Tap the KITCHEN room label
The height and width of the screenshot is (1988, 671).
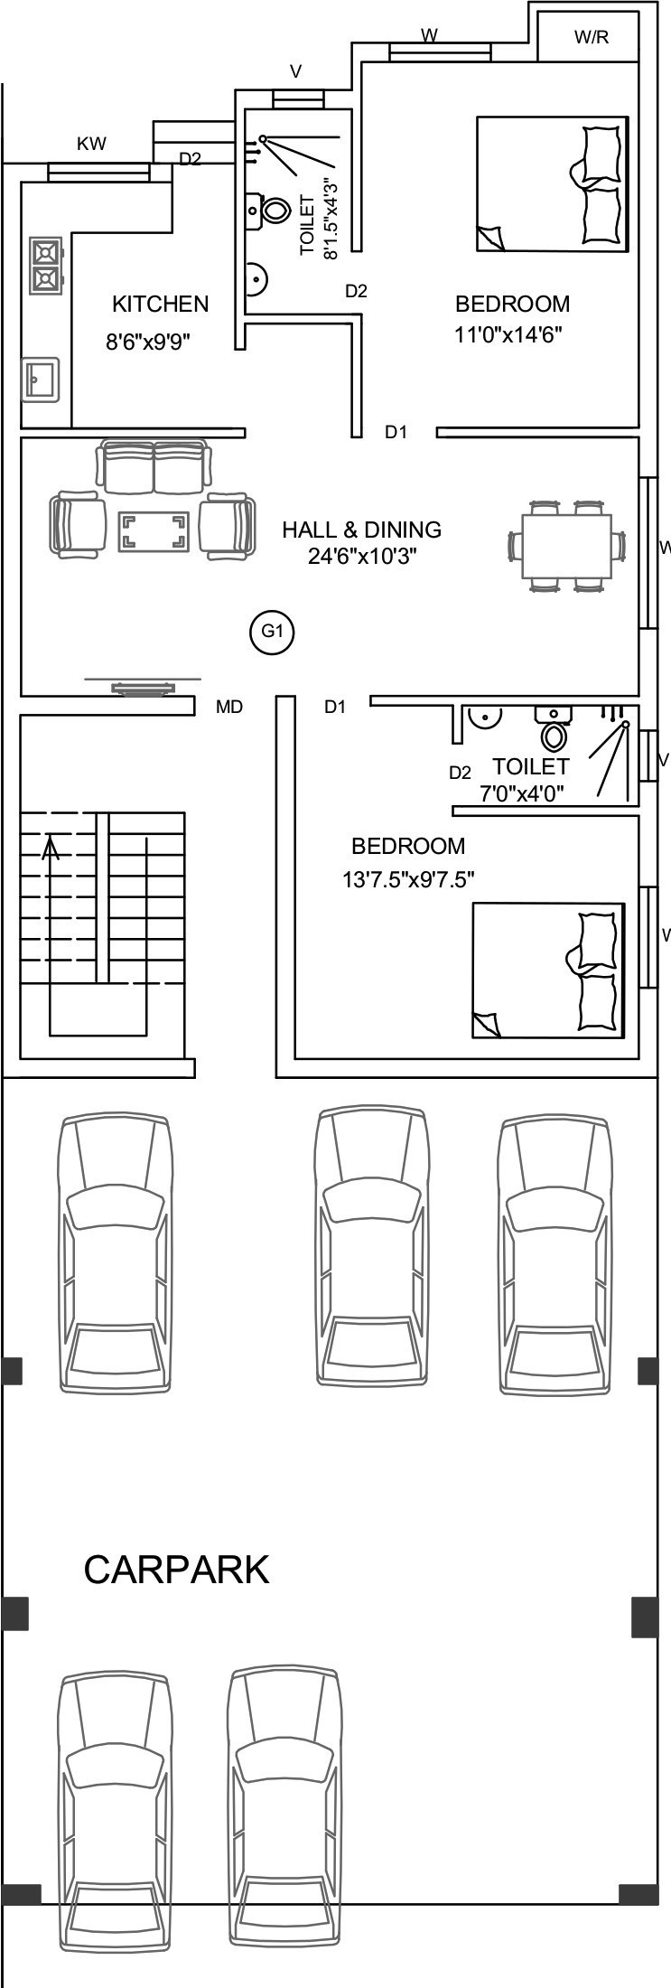click(160, 304)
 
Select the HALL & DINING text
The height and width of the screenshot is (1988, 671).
click(361, 530)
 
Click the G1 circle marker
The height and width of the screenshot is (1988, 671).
click(272, 632)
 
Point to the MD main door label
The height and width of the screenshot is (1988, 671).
click(229, 708)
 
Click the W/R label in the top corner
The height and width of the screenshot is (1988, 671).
click(592, 37)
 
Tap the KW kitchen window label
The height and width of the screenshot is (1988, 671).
click(91, 144)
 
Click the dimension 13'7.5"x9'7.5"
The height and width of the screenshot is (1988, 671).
click(408, 878)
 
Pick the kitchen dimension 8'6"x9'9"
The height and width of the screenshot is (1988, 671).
click(147, 342)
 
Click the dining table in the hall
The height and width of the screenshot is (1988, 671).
click(566, 546)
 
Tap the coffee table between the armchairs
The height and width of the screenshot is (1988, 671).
click(154, 531)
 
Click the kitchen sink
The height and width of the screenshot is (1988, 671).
click(40, 380)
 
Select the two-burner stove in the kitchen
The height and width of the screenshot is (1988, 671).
click(45, 265)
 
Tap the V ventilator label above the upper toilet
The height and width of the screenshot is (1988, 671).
click(295, 71)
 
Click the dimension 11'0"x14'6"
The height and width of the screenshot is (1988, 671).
click(508, 335)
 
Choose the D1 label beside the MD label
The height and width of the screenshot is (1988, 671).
click(335, 708)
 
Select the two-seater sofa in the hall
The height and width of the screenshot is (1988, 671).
click(154, 466)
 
